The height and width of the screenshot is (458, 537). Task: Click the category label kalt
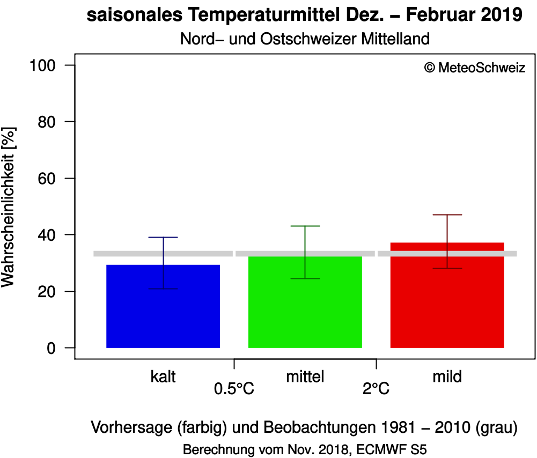(x=163, y=377)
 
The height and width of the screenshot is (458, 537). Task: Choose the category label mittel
(x=305, y=377)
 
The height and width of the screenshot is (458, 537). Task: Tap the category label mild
(x=447, y=377)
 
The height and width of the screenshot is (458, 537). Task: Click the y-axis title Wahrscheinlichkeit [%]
(x=9, y=207)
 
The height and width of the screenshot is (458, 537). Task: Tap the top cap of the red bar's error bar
(x=447, y=215)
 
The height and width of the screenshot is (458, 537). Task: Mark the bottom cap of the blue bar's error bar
(x=163, y=289)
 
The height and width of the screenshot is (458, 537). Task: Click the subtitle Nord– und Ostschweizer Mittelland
(x=305, y=39)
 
